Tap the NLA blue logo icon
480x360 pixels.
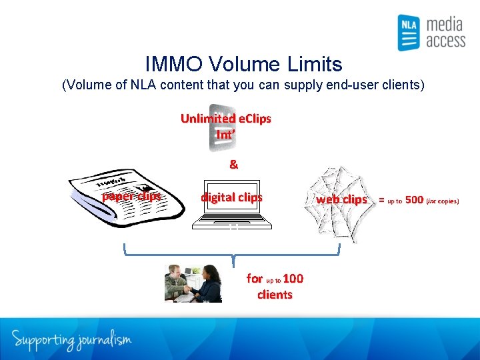(x=408, y=33)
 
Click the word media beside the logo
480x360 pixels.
(x=444, y=25)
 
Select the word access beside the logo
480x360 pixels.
(x=445, y=41)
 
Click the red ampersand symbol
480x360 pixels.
(x=233, y=164)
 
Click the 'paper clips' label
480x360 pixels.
(x=131, y=196)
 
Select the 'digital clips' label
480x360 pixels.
(x=231, y=197)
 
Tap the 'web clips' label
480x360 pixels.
(x=341, y=199)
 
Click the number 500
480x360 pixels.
(x=414, y=199)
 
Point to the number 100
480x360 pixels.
(x=293, y=279)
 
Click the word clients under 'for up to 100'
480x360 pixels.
(x=275, y=295)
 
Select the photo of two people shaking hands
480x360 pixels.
(x=193, y=283)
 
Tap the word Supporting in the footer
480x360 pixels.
(x=41, y=340)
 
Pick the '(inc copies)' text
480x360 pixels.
(x=443, y=200)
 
